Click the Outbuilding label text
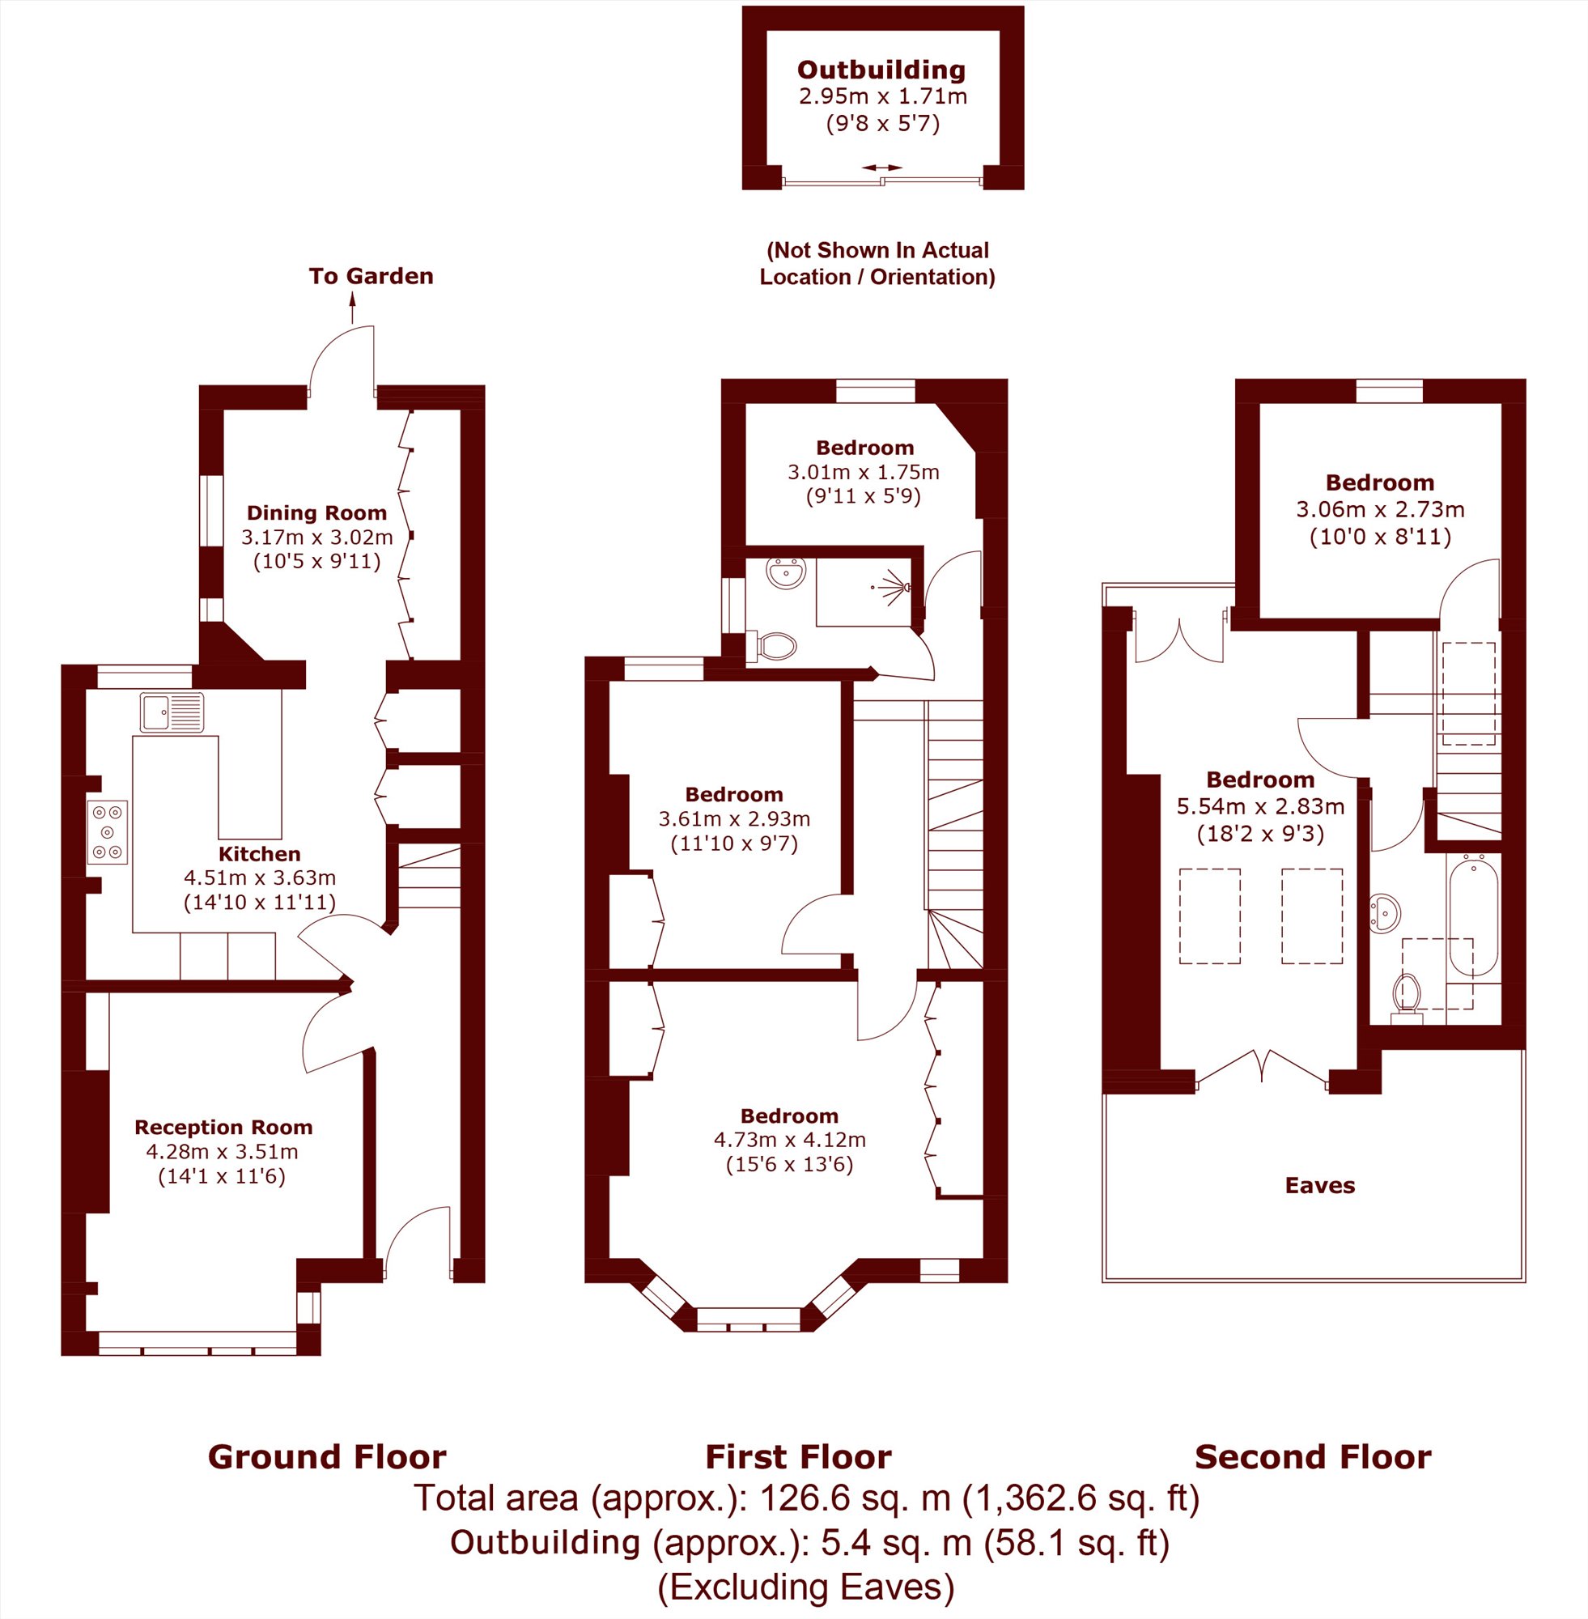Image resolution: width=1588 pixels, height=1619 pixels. coord(881,70)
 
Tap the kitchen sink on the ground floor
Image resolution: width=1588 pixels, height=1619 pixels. coord(172,712)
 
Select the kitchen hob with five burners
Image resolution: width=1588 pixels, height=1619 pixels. coord(108,831)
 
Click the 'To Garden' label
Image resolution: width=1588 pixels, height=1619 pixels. coord(372,276)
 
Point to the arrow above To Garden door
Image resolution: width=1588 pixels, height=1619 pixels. coord(352,307)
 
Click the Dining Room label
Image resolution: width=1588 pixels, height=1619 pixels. coord(317,513)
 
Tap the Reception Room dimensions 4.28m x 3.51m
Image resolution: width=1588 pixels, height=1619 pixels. coord(223,1152)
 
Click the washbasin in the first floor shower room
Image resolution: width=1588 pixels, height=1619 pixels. coord(786,574)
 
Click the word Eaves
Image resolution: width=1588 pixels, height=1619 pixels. coord(1320,1185)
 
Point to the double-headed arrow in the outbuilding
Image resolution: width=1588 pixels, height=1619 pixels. coord(881,168)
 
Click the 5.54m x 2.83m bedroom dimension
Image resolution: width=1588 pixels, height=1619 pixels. coord(1260,806)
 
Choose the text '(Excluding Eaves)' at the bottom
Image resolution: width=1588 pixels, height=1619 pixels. coord(805,1587)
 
